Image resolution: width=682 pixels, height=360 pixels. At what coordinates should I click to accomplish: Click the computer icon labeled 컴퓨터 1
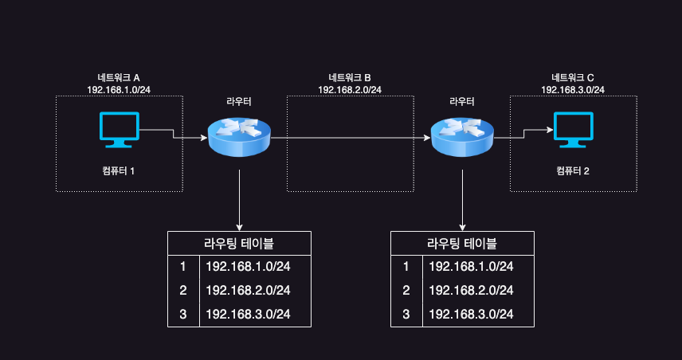[x=119, y=129]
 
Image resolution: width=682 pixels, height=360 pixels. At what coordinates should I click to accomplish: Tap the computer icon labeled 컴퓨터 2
[x=573, y=129]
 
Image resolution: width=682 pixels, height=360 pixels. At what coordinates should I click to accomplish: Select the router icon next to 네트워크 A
[x=239, y=137]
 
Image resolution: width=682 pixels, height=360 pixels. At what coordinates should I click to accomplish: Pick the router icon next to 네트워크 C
[x=462, y=137]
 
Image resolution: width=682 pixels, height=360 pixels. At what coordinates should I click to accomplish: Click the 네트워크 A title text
[x=119, y=77]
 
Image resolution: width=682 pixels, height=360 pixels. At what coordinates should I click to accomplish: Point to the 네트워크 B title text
[x=350, y=77]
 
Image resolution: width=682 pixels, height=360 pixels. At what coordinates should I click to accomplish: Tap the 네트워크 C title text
[x=573, y=77]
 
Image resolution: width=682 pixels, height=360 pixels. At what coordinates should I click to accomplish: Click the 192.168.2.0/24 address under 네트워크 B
[x=350, y=89]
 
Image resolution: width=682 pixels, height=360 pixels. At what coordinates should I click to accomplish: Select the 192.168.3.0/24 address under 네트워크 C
[x=573, y=89]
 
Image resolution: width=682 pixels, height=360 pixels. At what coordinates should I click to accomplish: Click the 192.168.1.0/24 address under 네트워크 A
[x=119, y=89]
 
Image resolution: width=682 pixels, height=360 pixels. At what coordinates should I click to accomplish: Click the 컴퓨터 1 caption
[x=119, y=171]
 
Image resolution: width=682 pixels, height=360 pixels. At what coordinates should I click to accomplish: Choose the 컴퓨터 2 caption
[x=573, y=171]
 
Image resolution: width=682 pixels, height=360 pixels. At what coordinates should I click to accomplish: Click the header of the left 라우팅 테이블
[x=239, y=244]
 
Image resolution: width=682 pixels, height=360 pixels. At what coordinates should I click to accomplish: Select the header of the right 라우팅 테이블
[x=462, y=244]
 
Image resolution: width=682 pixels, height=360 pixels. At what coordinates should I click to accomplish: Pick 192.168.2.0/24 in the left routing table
[x=247, y=291]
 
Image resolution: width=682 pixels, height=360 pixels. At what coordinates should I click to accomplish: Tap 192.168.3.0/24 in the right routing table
[x=470, y=315]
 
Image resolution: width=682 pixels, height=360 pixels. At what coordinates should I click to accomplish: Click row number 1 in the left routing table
[x=183, y=267]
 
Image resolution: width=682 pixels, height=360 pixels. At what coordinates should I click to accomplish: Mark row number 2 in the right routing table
[x=406, y=291]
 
